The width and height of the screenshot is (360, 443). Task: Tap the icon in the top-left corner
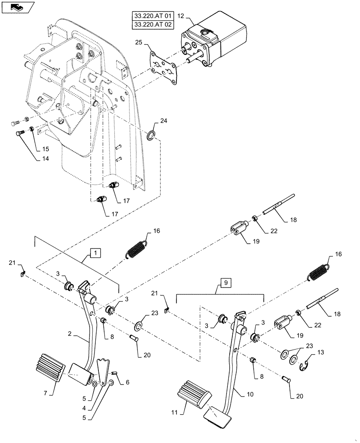coord(16,7)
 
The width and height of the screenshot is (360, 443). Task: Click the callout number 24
coord(164,121)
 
